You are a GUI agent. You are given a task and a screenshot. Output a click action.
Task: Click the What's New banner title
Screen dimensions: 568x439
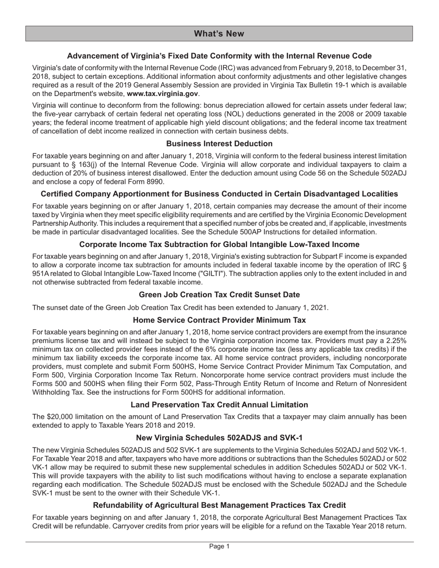(219, 34)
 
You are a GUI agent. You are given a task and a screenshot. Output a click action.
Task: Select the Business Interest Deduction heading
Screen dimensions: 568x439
(219, 144)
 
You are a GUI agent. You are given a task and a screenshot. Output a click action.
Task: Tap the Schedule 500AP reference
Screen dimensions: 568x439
(279, 232)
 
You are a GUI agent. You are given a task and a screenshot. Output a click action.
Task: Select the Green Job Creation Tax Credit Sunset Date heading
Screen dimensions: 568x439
(219, 295)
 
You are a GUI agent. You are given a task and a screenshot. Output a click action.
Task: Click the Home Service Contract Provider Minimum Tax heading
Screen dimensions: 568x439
(219, 320)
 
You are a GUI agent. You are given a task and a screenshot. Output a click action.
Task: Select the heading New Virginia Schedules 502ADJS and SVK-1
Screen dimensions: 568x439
(219, 438)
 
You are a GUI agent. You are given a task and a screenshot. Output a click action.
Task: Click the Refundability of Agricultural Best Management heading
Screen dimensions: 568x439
(219, 505)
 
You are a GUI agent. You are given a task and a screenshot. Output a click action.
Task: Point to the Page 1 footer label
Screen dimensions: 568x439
(219, 546)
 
